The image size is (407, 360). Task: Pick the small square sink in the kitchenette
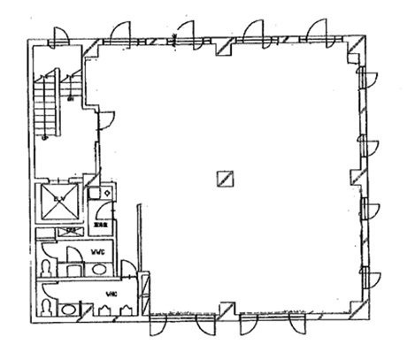tap(106, 190)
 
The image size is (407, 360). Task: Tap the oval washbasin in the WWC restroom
tap(98, 270)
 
